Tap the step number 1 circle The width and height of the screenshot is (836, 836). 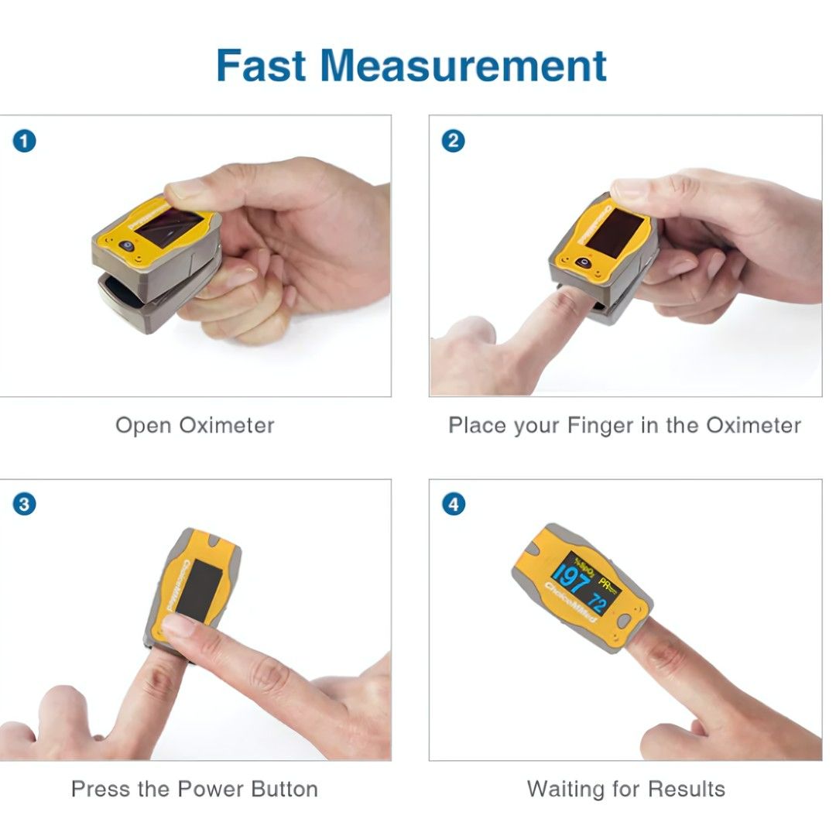coord(25,141)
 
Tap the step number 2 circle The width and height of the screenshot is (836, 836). coord(454,141)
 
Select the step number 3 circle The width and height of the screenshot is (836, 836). coord(25,505)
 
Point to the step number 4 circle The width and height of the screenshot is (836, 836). coord(454,505)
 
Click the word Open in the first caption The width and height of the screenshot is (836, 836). coord(144,426)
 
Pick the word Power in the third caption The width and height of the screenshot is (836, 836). coord(210,790)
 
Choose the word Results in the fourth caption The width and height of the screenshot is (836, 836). coord(687,790)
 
